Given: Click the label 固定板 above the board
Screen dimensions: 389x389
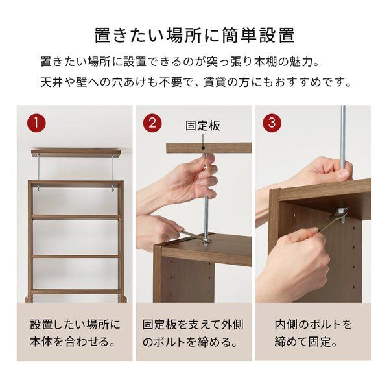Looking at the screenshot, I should [x=203, y=125].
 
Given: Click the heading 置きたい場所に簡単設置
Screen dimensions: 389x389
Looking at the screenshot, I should [x=194, y=34].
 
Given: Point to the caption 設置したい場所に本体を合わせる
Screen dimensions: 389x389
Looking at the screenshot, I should [x=74, y=332].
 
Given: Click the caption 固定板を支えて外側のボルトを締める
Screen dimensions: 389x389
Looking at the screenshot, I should [x=193, y=332].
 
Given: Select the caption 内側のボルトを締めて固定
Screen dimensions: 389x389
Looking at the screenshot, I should [x=312, y=332].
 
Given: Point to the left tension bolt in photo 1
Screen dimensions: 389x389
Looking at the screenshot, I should [x=40, y=172].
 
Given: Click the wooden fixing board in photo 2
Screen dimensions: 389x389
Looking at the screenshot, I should [x=207, y=148].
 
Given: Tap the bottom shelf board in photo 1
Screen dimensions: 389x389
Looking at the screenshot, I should [x=75, y=292].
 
